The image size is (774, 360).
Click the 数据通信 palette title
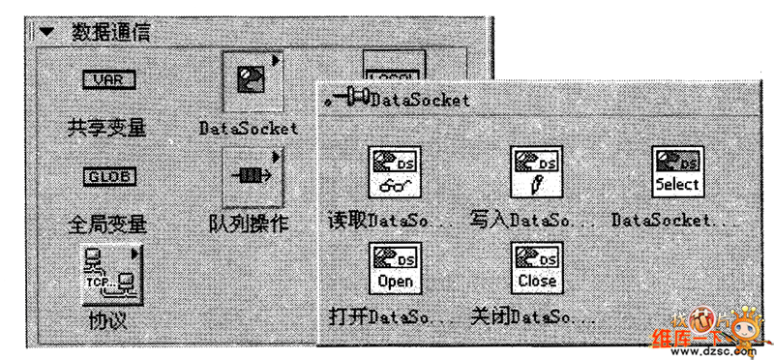click(x=107, y=30)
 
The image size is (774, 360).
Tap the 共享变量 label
click(x=106, y=127)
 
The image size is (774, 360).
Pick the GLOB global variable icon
click(x=107, y=177)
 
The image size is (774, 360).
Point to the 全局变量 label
click(x=106, y=225)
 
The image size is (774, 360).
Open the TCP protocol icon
click(x=110, y=273)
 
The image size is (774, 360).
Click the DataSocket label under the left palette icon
click(x=249, y=128)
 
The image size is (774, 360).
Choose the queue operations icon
click(x=251, y=177)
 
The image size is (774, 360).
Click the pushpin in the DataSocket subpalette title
click(x=345, y=99)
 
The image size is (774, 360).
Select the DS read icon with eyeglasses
click(x=393, y=171)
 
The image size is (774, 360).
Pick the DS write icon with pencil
click(x=537, y=171)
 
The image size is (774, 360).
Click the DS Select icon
click(x=676, y=171)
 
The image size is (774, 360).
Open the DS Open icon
click(x=393, y=268)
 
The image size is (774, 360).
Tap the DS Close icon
click(x=537, y=268)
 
